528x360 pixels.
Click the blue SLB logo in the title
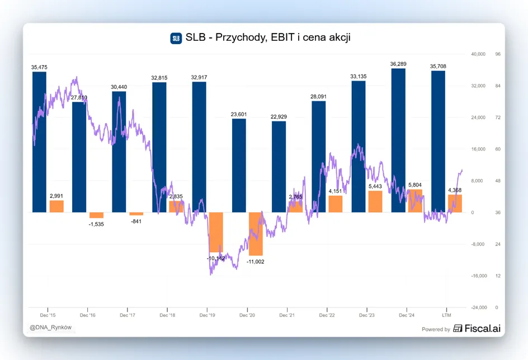click(176, 38)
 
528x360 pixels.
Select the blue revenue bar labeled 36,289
click(398, 140)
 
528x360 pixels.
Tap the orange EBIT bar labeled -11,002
click(256, 234)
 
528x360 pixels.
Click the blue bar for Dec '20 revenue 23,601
click(239, 165)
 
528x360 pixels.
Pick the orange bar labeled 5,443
click(375, 202)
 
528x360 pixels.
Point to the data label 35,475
click(39, 67)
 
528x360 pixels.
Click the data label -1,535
click(96, 224)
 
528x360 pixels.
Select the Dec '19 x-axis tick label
click(207, 315)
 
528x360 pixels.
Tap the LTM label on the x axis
click(446, 315)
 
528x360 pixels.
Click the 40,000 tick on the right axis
click(478, 54)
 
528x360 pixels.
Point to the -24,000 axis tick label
click(479, 307)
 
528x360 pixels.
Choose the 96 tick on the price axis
click(498, 54)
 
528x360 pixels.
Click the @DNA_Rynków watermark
click(50, 328)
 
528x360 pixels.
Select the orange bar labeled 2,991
click(56, 206)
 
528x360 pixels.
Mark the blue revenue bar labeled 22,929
click(279, 167)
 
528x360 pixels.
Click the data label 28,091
click(318, 97)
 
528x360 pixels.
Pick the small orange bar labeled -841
click(136, 214)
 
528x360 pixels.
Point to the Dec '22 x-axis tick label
click(327, 315)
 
